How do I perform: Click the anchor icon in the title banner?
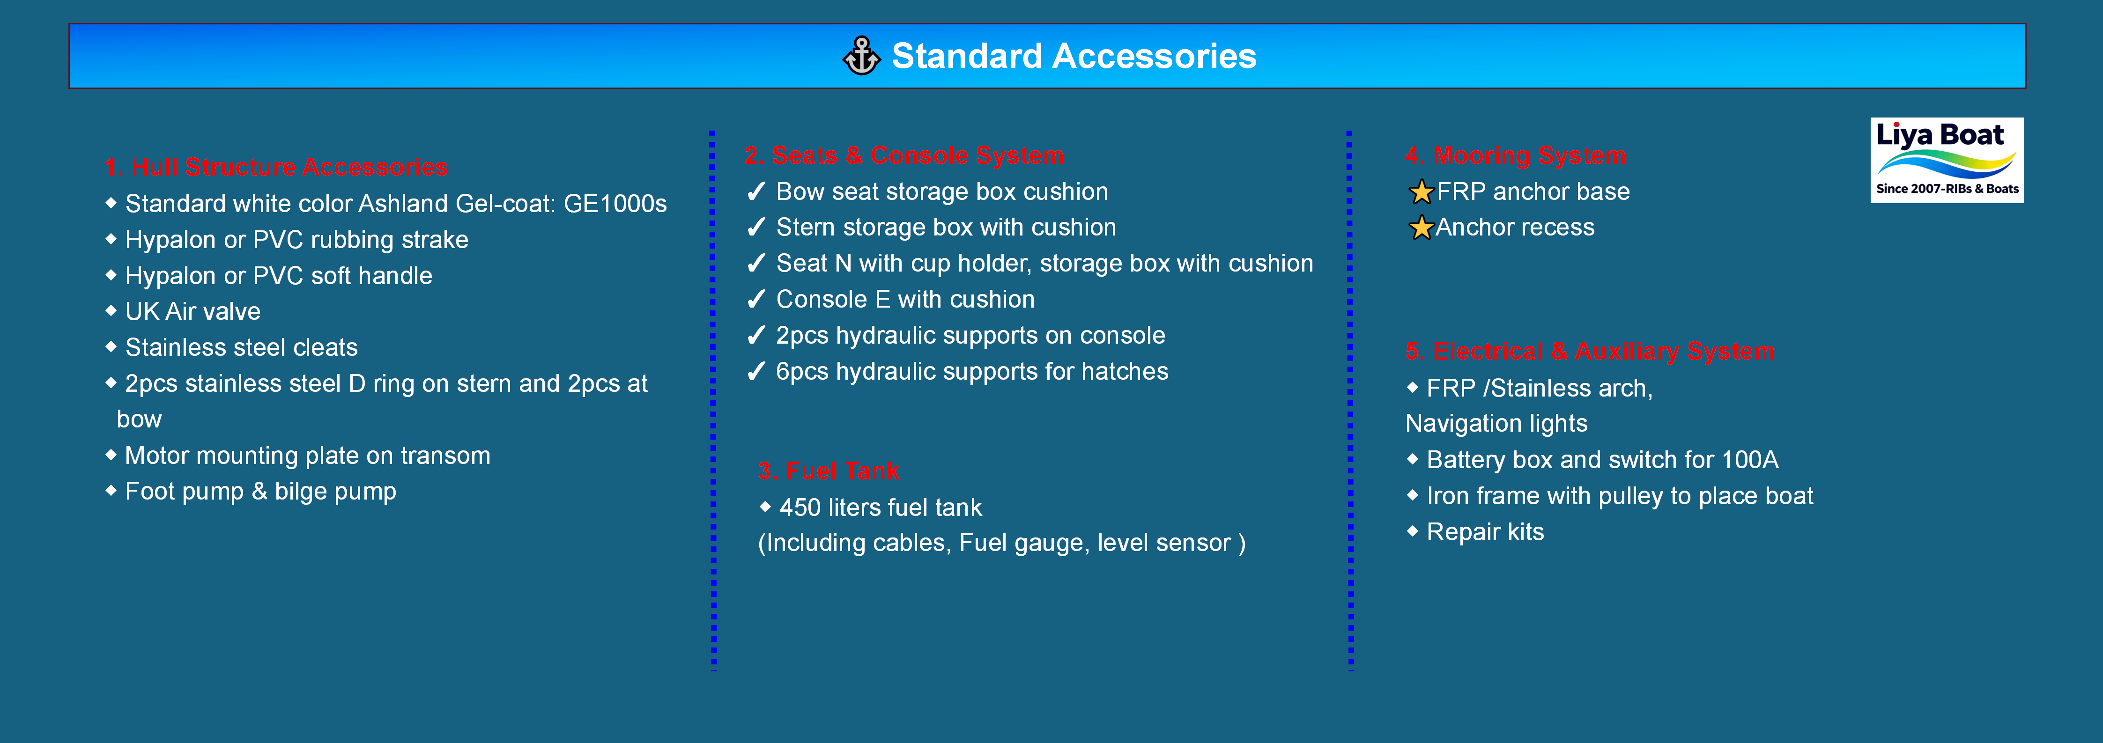pos(861,56)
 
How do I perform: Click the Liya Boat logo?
pos(1946,160)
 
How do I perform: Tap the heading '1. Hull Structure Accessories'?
pos(276,168)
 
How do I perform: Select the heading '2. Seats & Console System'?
pos(904,155)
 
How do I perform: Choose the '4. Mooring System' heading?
pos(1515,155)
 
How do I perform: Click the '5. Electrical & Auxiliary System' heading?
pos(1590,351)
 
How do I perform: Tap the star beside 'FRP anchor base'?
pos(1422,192)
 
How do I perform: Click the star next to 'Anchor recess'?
pos(1422,228)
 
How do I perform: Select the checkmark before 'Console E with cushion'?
pos(757,300)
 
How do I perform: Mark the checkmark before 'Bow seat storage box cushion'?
pos(757,192)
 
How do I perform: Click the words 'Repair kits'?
pos(1485,532)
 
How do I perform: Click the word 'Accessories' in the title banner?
pos(1155,56)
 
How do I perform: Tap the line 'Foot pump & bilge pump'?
pos(260,492)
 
